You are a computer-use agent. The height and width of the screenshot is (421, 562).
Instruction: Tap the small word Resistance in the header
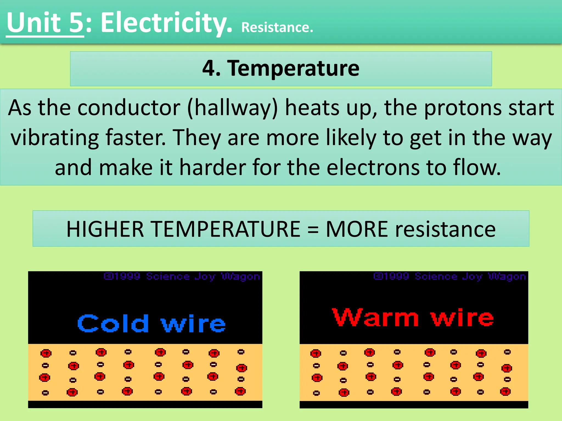click(x=277, y=27)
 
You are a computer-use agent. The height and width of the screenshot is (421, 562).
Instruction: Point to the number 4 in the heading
click(x=210, y=68)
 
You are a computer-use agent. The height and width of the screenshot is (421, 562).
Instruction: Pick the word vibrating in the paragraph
click(x=55, y=138)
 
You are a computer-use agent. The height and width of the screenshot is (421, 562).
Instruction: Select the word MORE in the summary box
click(x=357, y=229)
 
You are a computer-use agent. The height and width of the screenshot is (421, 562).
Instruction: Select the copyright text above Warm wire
click(x=449, y=276)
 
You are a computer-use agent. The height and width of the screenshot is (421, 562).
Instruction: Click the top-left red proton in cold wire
click(x=46, y=353)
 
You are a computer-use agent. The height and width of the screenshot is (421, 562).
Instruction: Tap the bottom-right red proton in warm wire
click(x=505, y=391)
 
